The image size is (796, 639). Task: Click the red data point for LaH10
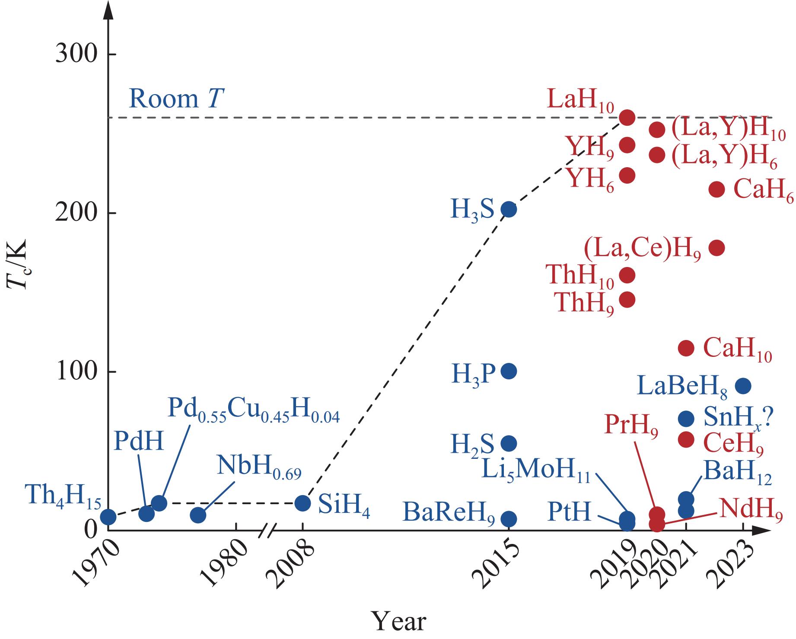627,118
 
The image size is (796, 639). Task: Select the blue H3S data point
509,210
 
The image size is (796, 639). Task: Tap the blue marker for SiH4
302,503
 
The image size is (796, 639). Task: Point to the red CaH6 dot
716,189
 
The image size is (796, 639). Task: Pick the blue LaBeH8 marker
743,386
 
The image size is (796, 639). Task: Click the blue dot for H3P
509,371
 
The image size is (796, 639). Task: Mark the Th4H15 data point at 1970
108,517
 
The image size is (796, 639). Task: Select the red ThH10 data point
627,275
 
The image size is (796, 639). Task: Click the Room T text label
176,99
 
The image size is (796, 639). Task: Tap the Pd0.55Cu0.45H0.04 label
253,411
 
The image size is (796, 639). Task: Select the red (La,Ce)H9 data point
716,248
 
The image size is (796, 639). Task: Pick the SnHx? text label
738,418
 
